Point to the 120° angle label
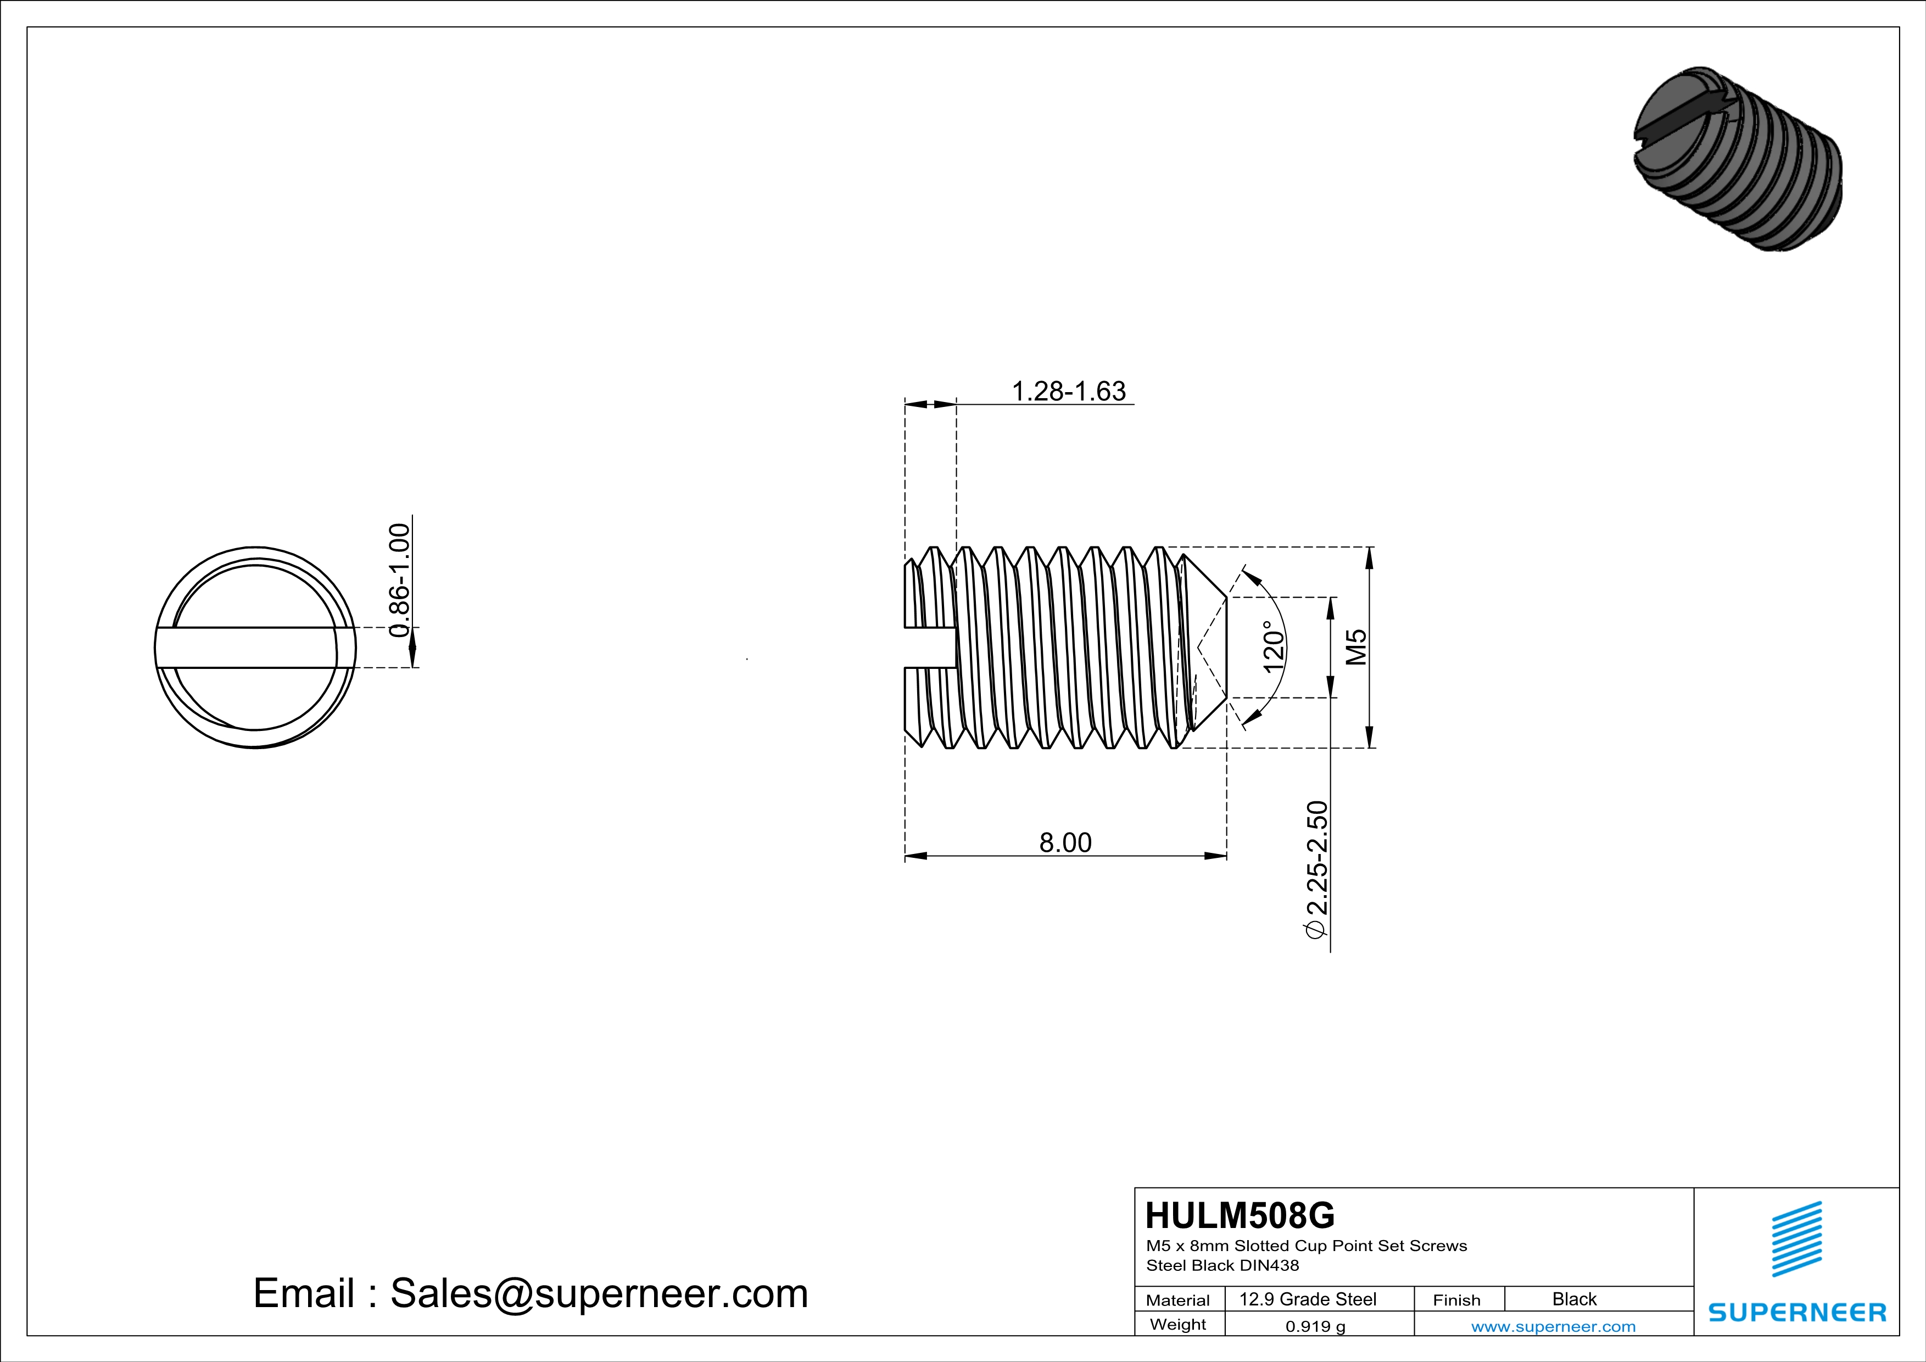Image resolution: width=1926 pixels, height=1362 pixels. click(1274, 647)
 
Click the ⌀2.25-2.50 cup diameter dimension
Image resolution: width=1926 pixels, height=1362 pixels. click(1317, 869)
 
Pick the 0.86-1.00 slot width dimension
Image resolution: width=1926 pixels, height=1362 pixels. click(400, 580)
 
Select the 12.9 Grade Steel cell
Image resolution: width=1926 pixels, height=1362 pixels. click(1308, 1299)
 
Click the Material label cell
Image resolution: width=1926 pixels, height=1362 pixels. click(1178, 1300)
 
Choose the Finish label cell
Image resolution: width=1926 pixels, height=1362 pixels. click(1456, 1300)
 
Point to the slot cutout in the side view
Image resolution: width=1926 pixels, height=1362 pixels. click(929, 647)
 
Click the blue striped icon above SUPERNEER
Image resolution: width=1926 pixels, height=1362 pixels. click(1796, 1239)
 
